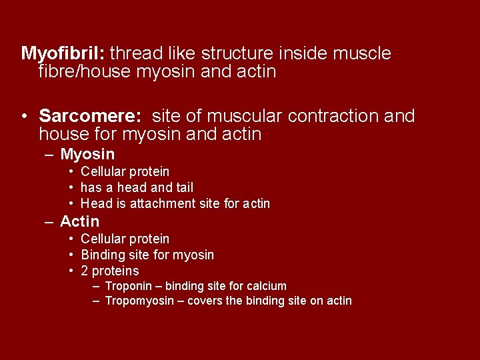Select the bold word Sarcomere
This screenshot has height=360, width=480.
pos(89,117)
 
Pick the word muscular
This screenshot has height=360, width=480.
pos(247,117)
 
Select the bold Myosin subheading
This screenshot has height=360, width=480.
pos(87,155)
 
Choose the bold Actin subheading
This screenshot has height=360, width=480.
pos(79,221)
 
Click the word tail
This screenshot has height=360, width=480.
pos(185,188)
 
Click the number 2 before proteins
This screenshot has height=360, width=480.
pos(85,271)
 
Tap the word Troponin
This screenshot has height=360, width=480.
pos(129,287)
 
